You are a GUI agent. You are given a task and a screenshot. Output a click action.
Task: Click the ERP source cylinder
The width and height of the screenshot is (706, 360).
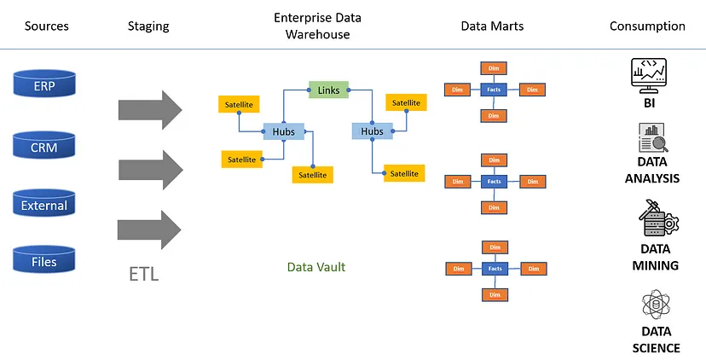(45, 87)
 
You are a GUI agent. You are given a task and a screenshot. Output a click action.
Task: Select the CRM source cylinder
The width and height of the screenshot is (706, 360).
(45, 147)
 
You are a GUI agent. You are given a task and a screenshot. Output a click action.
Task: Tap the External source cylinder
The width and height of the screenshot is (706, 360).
(45, 206)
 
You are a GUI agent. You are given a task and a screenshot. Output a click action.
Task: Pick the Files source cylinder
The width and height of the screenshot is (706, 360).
(45, 262)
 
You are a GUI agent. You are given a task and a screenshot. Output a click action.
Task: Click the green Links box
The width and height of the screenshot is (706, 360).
(328, 89)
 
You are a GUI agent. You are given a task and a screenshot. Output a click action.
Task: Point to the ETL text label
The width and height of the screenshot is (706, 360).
(143, 275)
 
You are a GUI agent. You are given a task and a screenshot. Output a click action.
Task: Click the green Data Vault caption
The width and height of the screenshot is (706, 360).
(316, 267)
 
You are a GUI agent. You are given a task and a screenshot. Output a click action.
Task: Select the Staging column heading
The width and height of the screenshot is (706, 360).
(148, 26)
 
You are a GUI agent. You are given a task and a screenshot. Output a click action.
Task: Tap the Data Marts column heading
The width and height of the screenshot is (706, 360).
(492, 26)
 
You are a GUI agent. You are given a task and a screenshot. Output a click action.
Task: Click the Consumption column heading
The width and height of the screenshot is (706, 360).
(647, 26)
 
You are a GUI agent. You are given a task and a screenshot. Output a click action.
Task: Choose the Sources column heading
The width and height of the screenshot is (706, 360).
(46, 26)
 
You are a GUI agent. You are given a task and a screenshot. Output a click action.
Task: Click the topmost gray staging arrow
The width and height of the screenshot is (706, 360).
(150, 109)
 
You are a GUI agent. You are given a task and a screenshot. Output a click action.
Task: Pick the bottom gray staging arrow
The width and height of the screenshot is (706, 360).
(150, 229)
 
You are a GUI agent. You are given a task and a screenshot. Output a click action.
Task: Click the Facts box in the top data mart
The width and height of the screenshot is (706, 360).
(493, 90)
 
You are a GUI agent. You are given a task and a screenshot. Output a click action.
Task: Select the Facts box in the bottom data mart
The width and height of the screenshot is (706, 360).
(493, 269)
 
